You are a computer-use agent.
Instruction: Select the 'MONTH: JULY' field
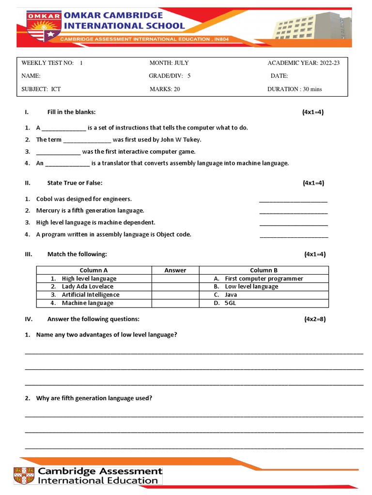(169, 63)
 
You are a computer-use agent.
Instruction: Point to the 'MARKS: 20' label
(165, 89)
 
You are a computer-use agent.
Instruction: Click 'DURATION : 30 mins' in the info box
(294, 89)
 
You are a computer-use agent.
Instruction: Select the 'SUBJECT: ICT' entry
(41, 89)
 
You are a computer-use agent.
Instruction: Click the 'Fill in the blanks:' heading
(71, 112)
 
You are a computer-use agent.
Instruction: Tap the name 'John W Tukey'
(182, 140)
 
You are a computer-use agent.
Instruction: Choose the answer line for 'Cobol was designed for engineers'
(293, 199)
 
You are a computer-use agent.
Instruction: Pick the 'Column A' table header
(94, 270)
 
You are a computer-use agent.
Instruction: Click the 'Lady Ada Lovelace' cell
(87, 287)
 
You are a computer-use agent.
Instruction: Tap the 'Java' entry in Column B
(231, 295)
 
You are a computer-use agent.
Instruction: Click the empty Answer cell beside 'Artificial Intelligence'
(175, 295)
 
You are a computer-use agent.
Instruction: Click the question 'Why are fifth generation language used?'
(94, 398)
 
